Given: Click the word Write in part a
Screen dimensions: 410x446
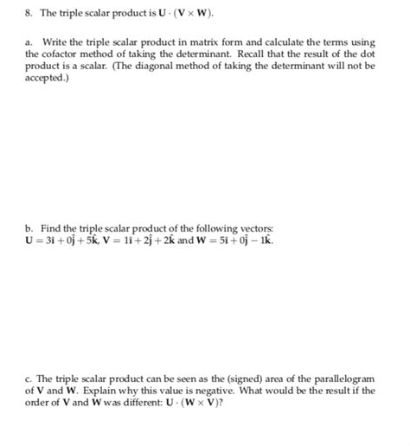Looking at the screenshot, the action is click(x=59, y=41).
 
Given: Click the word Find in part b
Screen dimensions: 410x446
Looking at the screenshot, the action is click(x=48, y=228).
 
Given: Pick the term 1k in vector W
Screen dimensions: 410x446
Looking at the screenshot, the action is click(x=265, y=240).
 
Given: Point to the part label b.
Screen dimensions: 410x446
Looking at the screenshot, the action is click(x=29, y=228).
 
